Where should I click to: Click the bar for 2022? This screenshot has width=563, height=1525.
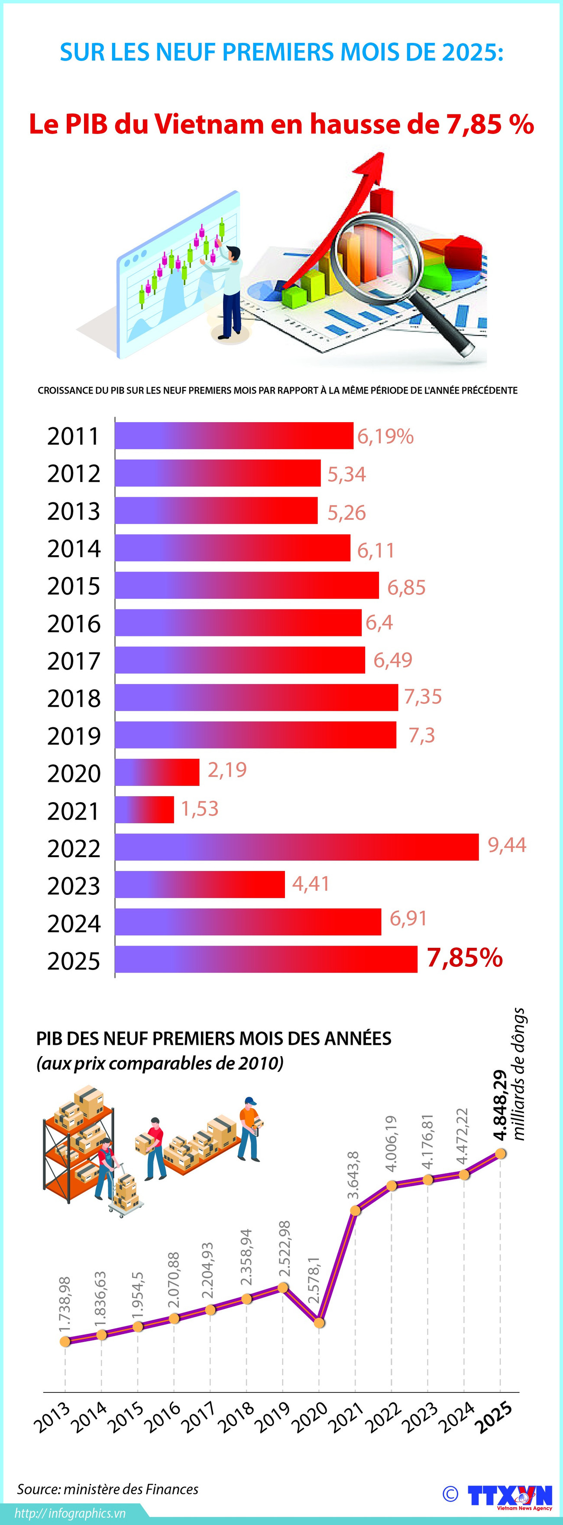click(296, 846)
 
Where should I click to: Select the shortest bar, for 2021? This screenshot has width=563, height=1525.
click(144, 809)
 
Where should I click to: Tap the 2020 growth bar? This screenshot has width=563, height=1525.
click(157, 772)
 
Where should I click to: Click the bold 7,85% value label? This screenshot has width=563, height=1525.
click(464, 958)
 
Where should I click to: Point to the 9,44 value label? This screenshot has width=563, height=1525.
click(507, 845)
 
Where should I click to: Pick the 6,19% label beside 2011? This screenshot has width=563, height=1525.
click(385, 436)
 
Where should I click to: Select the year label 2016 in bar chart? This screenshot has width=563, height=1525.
click(74, 623)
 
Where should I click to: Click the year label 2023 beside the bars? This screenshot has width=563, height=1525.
click(74, 886)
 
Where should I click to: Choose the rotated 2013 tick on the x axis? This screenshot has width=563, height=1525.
click(52, 1418)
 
